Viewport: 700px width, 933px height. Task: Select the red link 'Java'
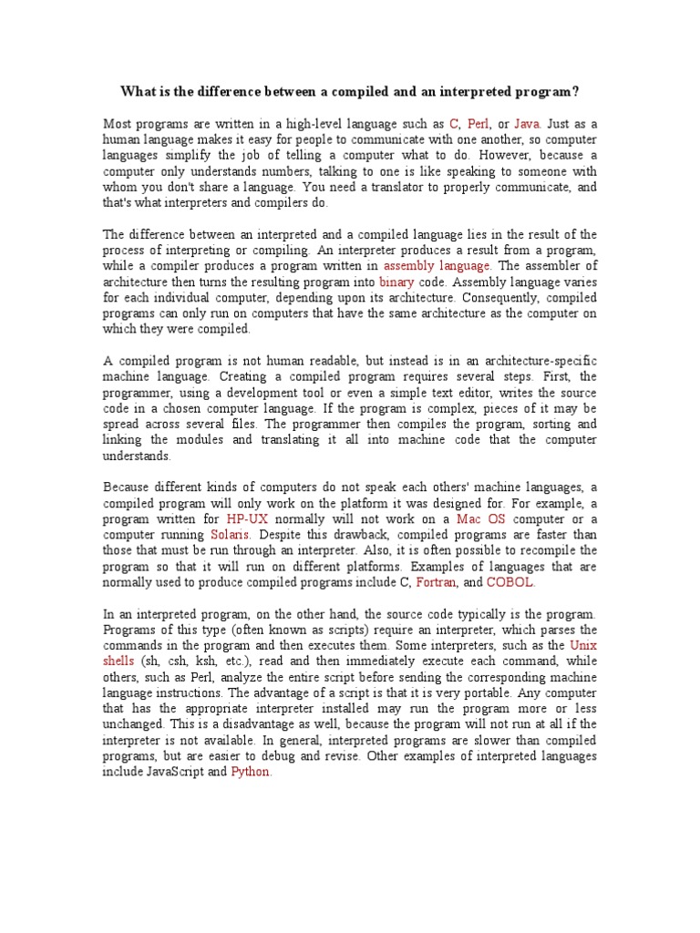[x=528, y=123]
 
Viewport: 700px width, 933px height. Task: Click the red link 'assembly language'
[x=437, y=265]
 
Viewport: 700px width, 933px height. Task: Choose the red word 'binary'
[x=396, y=282]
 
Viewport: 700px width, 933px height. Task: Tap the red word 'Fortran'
[x=435, y=582]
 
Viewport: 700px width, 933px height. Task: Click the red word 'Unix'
[x=583, y=645]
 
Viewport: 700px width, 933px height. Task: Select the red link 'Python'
[x=251, y=772]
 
